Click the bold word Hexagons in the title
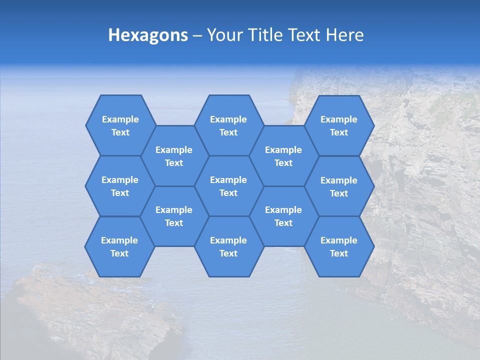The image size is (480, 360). [148, 35]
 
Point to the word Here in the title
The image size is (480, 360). [345, 35]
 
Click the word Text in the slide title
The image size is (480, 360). [306, 35]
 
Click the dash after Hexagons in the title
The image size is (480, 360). [197, 35]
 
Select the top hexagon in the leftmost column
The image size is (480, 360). [120, 125]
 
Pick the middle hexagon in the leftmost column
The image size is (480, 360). [120, 186]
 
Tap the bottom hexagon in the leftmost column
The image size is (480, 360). [119, 246]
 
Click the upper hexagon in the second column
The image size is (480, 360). [174, 156]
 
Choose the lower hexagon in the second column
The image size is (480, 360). [174, 216]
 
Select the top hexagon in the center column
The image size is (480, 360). [228, 125]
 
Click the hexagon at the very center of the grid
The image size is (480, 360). [228, 186]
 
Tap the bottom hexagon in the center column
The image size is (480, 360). [228, 246]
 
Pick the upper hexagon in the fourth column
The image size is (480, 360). [283, 156]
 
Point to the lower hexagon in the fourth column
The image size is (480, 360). [283, 216]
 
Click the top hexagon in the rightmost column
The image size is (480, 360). [339, 125]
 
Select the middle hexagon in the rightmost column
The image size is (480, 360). [339, 186]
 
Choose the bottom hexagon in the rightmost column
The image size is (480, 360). [339, 246]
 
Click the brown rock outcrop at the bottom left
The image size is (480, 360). [90, 310]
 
